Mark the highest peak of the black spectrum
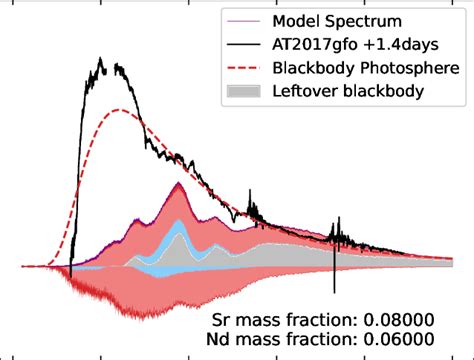tap(101, 59)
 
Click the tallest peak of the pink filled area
tap(178, 186)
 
